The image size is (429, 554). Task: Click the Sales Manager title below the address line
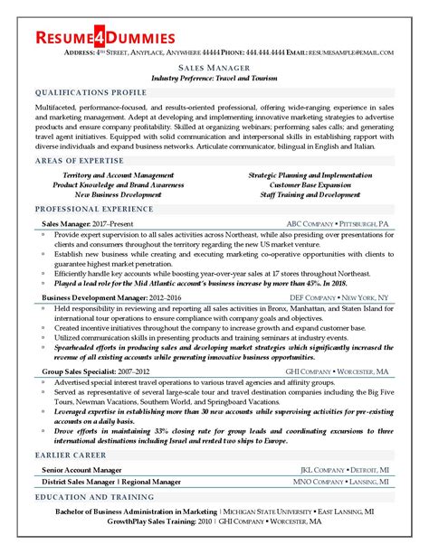point(214,67)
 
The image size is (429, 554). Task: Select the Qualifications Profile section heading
point(90,92)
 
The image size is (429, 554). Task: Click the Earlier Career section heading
point(70,455)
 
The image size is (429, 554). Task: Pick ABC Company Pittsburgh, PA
point(337,222)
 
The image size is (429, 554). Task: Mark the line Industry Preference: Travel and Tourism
point(214,78)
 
